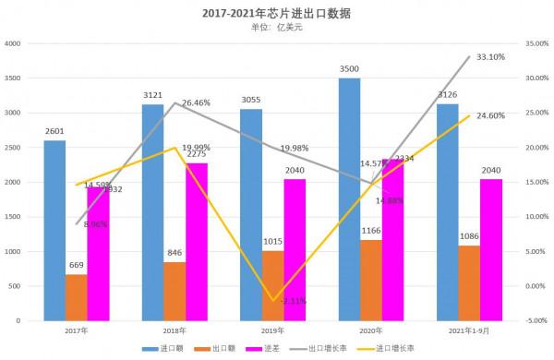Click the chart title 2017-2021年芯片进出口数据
(x=276, y=13)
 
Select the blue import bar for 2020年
(x=349, y=198)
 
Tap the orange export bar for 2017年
(x=77, y=297)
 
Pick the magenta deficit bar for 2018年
(x=196, y=242)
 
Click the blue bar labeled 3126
(x=446, y=212)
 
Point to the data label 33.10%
(x=490, y=57)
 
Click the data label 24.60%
(x=490, y=116)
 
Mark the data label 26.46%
(x=199, y=103)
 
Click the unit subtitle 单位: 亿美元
(x=276, y=28)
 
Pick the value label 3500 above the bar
(x=349, y=69)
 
